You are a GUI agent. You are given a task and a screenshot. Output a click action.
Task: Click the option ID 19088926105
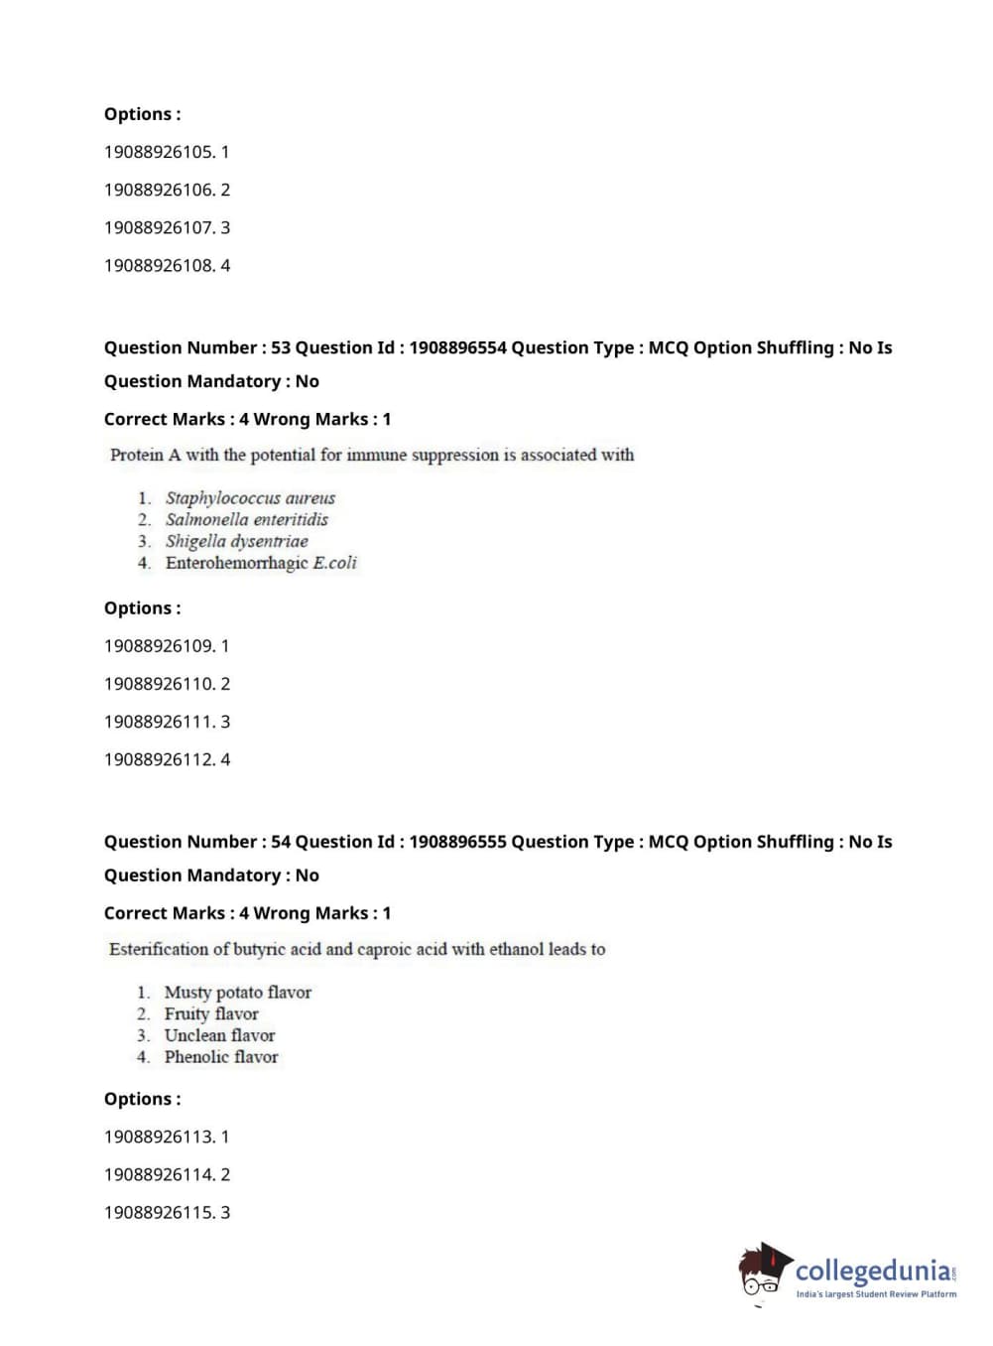159,152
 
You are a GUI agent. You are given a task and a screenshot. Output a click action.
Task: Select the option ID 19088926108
159,265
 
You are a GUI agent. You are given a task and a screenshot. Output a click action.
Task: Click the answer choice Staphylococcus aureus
250,497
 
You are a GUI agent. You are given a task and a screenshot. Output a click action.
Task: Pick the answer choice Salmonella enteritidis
246,519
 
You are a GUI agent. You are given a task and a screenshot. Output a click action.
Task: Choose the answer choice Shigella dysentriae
236,541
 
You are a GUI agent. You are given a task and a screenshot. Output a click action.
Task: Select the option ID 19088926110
159,684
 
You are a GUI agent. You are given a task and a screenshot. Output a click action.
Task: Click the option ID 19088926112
159,759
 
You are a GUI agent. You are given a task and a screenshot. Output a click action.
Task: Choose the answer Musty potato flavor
237,992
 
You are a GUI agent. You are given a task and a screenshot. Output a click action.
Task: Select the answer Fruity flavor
211,1013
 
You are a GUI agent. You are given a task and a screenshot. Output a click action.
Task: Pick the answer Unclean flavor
219,1035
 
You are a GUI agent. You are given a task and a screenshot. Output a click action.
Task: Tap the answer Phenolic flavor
221,1057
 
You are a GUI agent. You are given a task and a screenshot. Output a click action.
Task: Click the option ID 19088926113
159,1137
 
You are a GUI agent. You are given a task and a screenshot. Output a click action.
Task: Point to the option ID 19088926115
159,1212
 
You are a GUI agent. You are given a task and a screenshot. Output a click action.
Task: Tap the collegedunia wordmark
873,1270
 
